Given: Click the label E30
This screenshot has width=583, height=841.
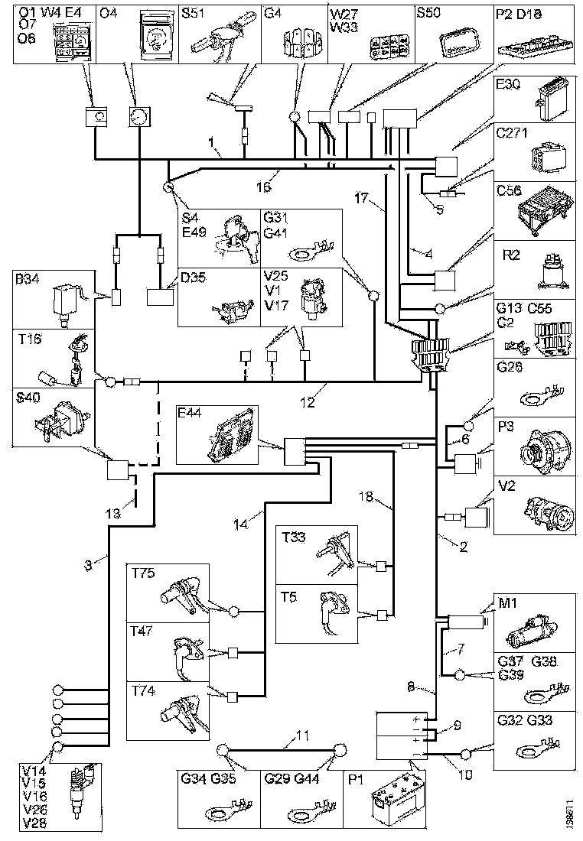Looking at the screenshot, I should (x=509, y=86).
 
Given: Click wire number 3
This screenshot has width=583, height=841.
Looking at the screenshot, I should (x=91, y=565).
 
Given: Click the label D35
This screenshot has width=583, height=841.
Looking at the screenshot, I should (x=193, y=277).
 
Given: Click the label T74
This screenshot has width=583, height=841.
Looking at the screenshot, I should (x=142, y=692).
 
